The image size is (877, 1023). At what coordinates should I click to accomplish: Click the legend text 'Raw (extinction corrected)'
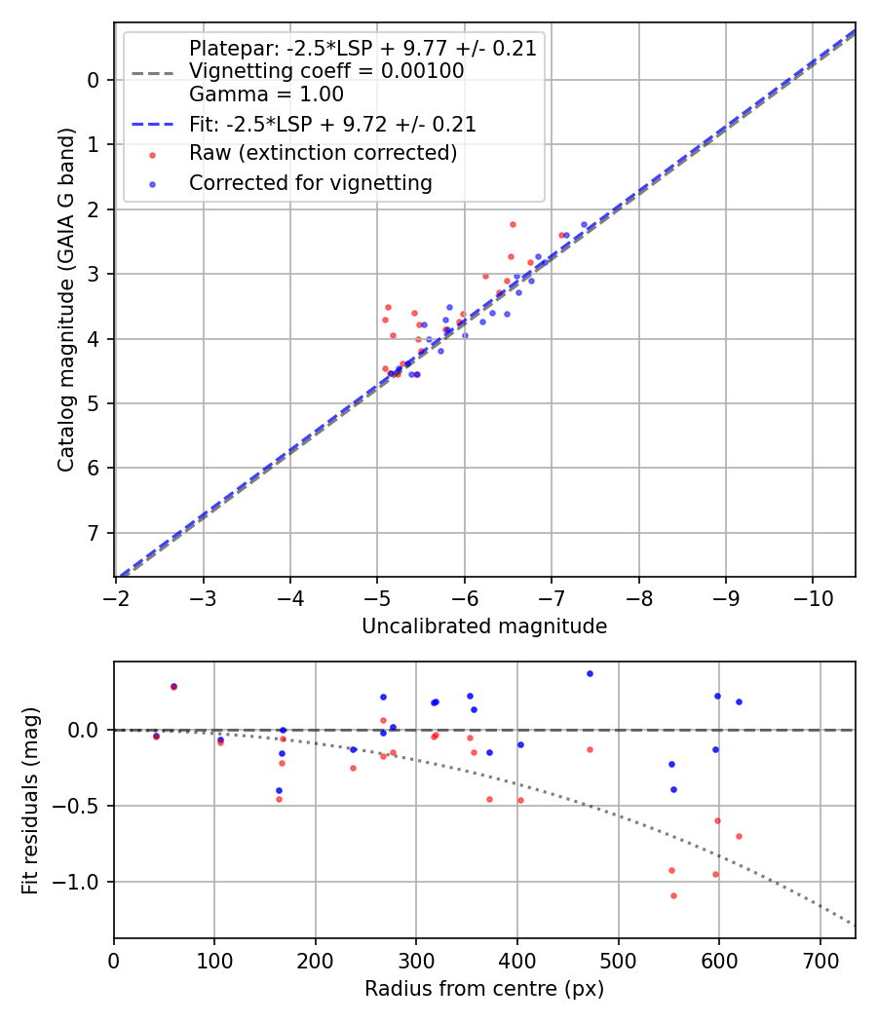pyautogui.click(x=323, y=153)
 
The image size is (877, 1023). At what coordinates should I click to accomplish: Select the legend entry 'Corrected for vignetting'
pyautogui.click(x=311, y=182)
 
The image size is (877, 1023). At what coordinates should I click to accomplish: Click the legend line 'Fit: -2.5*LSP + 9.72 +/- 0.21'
pyautogui.click(x=332, y=124)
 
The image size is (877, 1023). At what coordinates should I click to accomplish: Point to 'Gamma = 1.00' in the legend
pyautogui.click(x=266, y=95)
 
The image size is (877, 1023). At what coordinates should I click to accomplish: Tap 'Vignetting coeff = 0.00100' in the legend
pyautogui.click(x=326, y=71)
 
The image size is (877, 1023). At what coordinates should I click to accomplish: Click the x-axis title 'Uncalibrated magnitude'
pyautogui.click(x=484, y=626)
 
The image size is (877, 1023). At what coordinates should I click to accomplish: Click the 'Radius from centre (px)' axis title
pyautogui.click(x=484, y=989)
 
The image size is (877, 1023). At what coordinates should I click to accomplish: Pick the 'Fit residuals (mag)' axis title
pyautogui.click(x=30, y=799)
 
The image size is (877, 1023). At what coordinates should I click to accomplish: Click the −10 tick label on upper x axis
pyautogui.click(x=813, y=597)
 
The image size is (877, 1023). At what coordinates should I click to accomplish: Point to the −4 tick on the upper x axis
pyautogui.click(x=290, y=597)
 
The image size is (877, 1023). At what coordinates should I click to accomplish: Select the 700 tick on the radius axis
pyautogui.click(x=820, y=960)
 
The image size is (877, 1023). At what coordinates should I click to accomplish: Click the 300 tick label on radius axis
pyautogui.click(x=416, y=960)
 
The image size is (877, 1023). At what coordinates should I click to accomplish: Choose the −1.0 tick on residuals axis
pyautogui.click(x=82, y=882)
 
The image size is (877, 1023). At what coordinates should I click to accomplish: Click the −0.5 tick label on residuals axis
pyautogui.click(x=82, y=806)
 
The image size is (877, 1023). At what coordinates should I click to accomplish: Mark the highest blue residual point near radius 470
pyautogui.click(x=590, y=673)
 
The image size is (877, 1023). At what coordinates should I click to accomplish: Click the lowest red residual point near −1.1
pyautogui.click(x=673, y=895)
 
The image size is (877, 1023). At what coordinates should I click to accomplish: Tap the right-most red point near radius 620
pyautogui.click(x=739, y=836)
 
